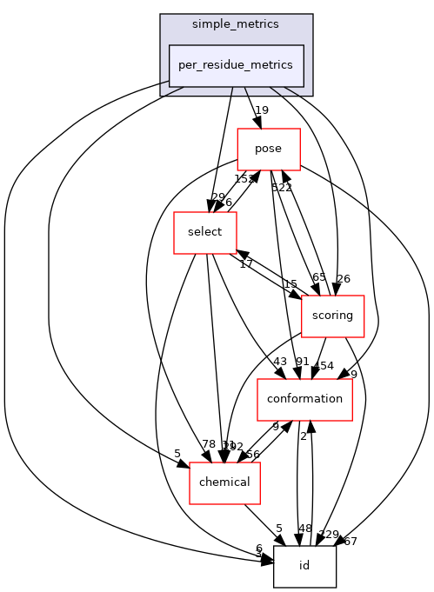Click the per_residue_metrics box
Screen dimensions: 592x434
(236, 65)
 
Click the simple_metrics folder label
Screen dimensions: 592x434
(236, 24)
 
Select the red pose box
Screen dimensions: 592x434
(269, 149)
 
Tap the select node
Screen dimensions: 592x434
(204, 232)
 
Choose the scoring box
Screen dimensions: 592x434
(331, 316)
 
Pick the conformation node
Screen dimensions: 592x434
(304, 399)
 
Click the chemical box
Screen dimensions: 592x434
(225, 482)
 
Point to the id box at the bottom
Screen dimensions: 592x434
(304, 566)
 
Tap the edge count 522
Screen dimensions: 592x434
(280, 188)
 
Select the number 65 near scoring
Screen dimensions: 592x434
(319, 277)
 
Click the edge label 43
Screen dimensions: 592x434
(279, 362)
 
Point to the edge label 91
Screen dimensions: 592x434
(302, 362)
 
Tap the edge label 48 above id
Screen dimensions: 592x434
(304, 529)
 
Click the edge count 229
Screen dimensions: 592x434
(330, 535)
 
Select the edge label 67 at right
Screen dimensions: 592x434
(350, 542)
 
